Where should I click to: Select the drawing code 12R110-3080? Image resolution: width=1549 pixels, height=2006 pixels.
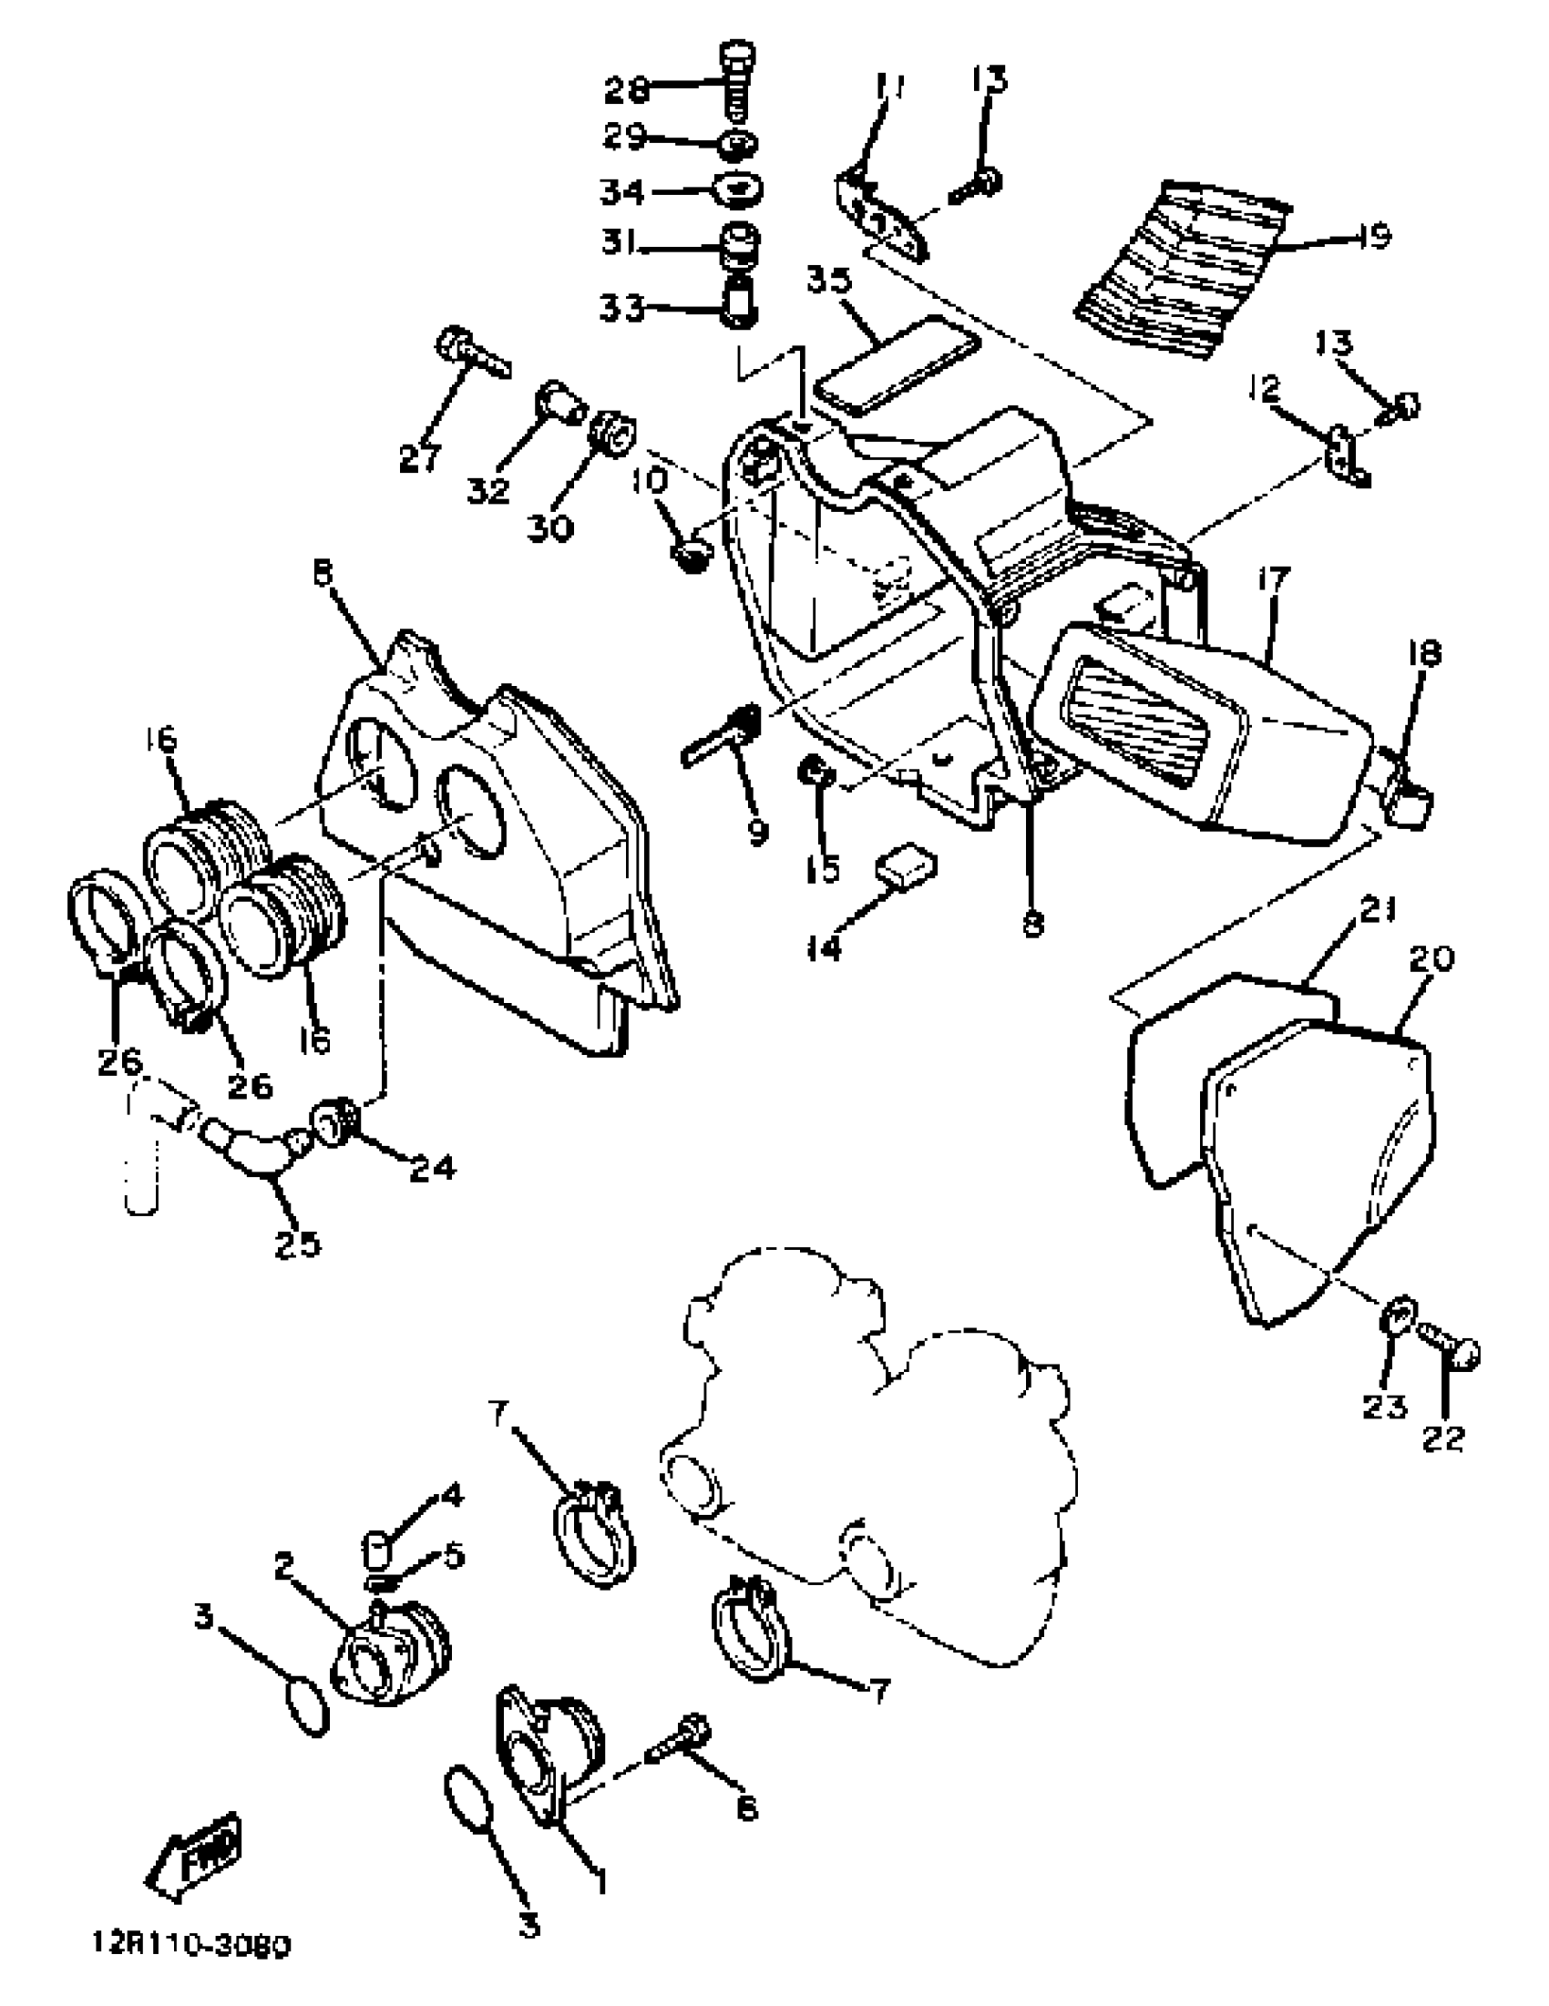[x=191, y=1943]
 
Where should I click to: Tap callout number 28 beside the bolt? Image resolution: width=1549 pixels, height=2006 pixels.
[x=627, y=90]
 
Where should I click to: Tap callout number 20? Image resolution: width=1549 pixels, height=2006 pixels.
[x=1430, y=959]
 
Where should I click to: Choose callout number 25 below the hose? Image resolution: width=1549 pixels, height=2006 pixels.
[x=298, y=1244]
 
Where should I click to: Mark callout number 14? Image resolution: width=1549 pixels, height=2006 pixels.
[x=824, y=948]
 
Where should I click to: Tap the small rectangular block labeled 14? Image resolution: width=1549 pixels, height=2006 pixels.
[x=905, y=865]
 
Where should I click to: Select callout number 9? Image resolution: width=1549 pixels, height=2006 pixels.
[x=757, y=831]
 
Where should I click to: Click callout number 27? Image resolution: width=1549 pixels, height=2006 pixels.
[x=420, y=458]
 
